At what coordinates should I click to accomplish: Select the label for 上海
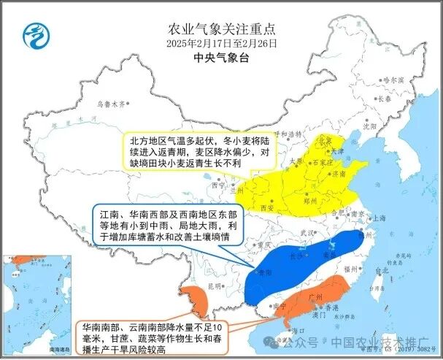tap(378, 218)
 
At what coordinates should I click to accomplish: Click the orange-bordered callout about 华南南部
tap(152, 337)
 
